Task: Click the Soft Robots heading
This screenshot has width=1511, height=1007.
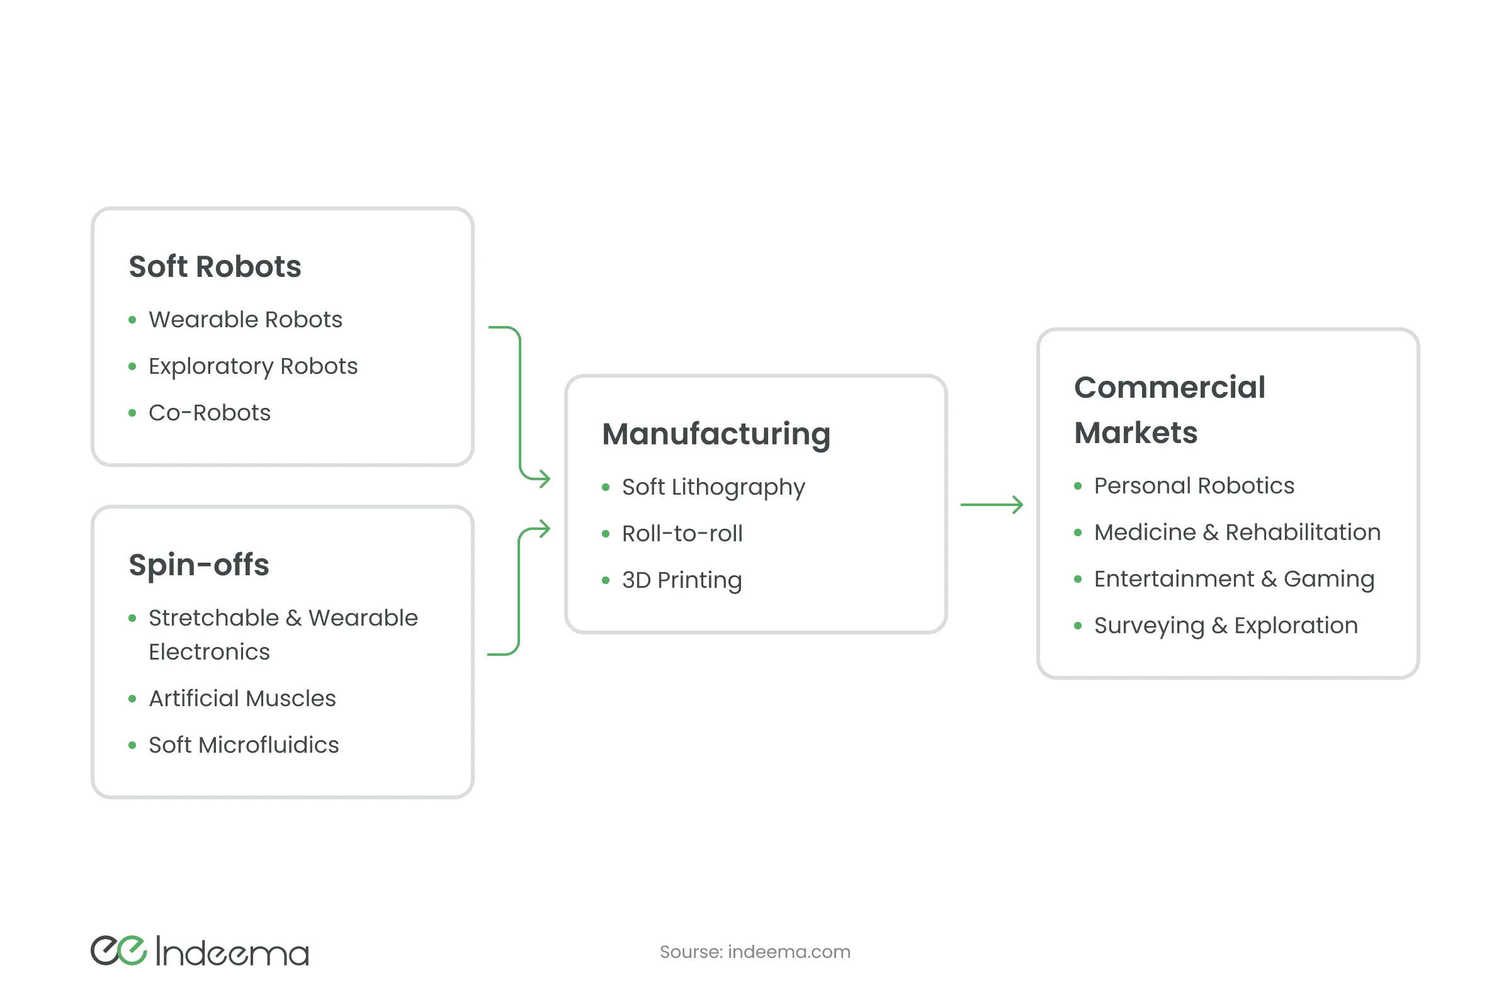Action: pos(215,266)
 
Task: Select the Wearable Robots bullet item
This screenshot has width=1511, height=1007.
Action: pos(246,319)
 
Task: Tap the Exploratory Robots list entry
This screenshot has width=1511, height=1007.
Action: pos(253,366)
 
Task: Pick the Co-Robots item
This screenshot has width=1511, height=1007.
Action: pos(210,412)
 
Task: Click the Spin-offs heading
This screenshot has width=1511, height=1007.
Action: pos(198,565)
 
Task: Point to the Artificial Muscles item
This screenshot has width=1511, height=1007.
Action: pos(242,698)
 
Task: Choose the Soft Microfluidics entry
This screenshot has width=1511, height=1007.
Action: pos(244,745)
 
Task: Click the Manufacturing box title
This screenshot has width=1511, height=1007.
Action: pos(716,434)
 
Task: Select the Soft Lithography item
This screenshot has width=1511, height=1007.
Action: pos(713,487)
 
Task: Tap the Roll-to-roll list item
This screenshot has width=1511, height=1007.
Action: pos(682,534)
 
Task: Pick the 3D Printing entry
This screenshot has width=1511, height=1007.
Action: pos(682,580)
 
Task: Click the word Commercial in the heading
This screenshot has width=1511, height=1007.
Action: pos(1169,387)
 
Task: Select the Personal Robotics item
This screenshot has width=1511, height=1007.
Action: pos(1194,485)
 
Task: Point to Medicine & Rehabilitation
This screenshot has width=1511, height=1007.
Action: pos(1237,532)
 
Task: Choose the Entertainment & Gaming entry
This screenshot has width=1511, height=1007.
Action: pos(1233,578)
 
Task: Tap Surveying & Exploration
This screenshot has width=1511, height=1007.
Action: pos(1226,626)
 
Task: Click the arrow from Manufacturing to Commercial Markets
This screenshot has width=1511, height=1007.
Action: pos(991,505)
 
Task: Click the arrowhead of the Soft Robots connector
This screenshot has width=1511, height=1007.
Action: pos(545,478)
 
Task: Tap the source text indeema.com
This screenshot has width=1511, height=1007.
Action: pos(788,952)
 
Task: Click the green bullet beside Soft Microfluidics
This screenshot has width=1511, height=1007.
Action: pos(132,745)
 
